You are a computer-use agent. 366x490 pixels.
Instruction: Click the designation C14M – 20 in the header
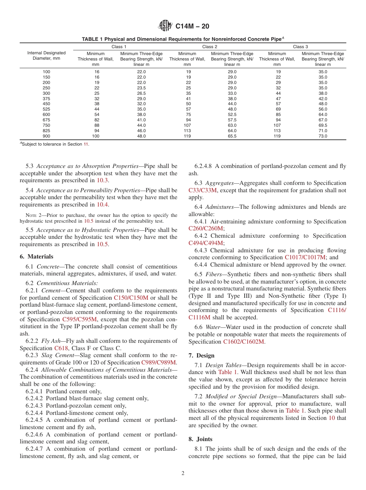pos(192,27)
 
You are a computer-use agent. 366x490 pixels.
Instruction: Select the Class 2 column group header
pos(210,47)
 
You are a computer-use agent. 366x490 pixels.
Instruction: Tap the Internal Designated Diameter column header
pos(46,56)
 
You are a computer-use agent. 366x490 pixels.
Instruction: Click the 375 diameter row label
pos(46,99)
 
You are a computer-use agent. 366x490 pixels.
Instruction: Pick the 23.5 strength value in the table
pos(141,88)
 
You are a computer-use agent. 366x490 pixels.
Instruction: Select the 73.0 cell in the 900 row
pos(322,136)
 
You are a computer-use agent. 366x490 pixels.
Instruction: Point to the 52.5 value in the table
pos(232,114)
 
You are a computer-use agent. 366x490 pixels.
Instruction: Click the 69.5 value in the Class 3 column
pos(322,125)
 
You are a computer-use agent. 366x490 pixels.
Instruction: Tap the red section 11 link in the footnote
pos(86,144)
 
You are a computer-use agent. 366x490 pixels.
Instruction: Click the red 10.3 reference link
pos(102,180)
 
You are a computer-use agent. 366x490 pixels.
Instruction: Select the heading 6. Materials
pos(36,257)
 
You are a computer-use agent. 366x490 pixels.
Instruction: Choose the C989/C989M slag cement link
pos(159,362)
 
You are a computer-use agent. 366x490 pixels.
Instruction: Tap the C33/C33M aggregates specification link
pos(203,190)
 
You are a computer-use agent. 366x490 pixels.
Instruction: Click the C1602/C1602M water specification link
pos(243,342)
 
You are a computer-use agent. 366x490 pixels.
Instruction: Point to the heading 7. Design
pos(201,356)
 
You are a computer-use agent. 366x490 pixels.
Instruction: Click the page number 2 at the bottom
pos(183,473)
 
